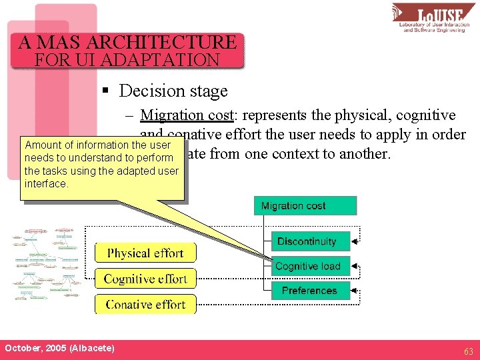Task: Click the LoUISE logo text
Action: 441,15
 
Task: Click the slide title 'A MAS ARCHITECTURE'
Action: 127,43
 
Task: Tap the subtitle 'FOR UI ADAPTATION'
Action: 127,60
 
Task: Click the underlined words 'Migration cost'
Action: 186,115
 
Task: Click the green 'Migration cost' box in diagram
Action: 305,205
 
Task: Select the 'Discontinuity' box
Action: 307,241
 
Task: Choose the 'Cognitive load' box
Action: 307,266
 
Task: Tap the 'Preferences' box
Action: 309,291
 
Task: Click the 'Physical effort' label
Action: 145,253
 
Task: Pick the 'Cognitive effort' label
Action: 145,279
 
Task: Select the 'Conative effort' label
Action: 145,304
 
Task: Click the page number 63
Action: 469,351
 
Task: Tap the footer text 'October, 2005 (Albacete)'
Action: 59,349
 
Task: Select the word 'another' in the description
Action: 367,153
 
